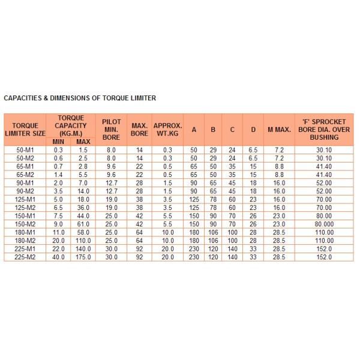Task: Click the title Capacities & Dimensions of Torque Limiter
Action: coord(80,97)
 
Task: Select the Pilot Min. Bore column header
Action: coord(111,129)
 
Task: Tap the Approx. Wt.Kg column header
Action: coord(168,129)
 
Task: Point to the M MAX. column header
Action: coord(279,129)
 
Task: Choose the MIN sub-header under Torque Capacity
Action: coord(59,141)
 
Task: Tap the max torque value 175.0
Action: coord(83,257)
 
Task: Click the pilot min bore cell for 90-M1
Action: coord(111,182)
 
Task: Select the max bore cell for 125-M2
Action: coord(140,207)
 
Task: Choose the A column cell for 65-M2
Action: coord(194,174)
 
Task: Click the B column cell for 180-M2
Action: coord(213,240)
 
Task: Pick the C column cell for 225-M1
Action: coord(232,248)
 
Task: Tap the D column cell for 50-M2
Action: coord(253,158)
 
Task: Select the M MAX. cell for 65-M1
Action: coord(279,166)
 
